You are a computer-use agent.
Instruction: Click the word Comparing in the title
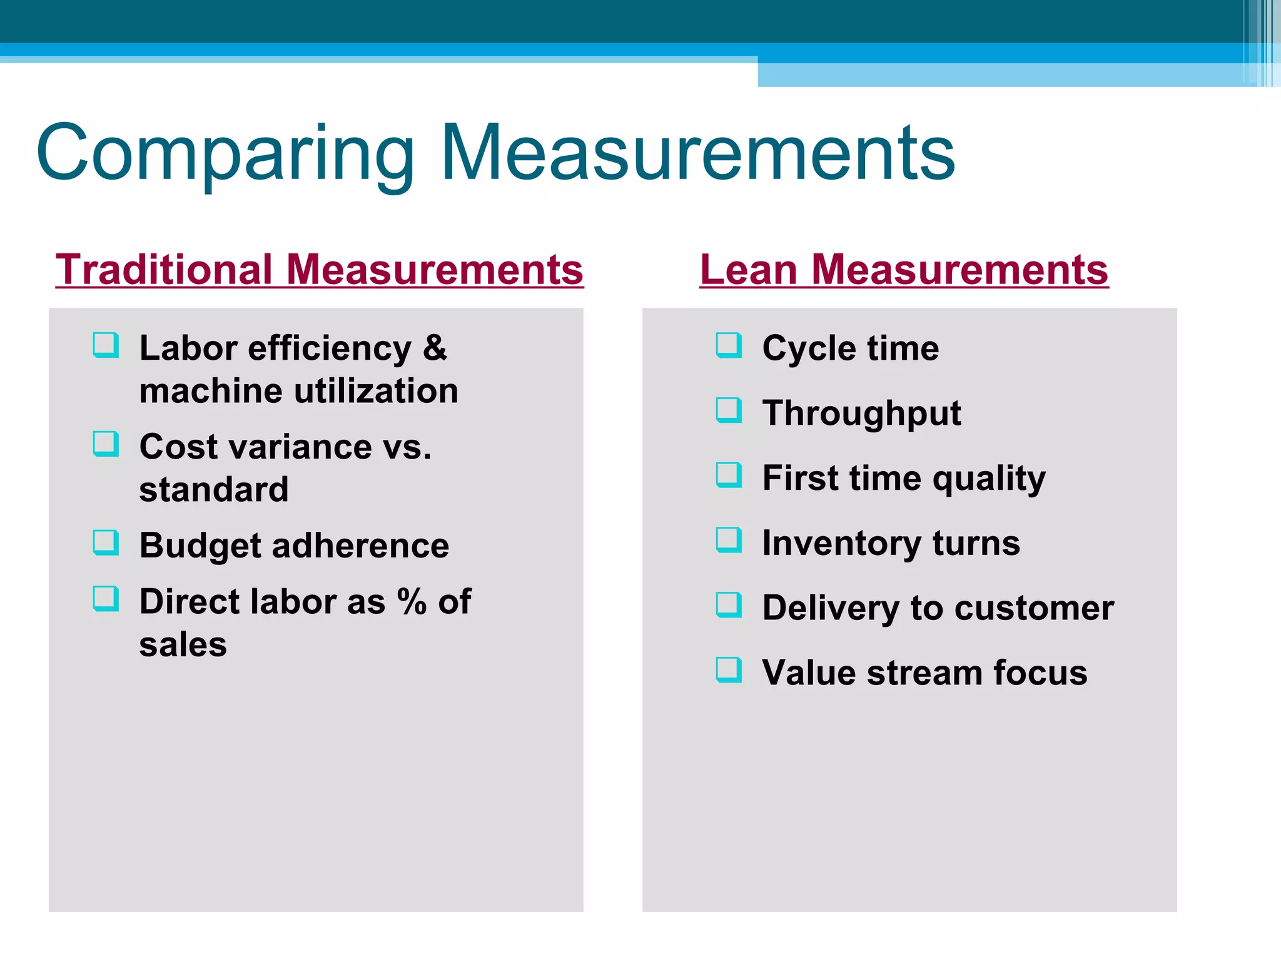[x=225, y=153]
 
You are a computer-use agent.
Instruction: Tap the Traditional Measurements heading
[x=319, y=270]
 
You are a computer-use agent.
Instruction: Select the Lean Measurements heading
[x=904, y=270]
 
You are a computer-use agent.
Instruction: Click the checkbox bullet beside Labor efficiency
[x=105, y=345]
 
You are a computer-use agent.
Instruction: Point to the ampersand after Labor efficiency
[x=435, y=348]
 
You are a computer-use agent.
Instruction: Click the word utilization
[x=376, y=391]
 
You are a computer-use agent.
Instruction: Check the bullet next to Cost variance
[x=105, y=444]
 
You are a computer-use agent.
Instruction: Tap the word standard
[x=214, y=489]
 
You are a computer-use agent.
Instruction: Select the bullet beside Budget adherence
[x=105, y=542]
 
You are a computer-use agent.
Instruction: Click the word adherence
[x=360, y=546]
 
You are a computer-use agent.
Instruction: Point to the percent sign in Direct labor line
[x=412, y=601]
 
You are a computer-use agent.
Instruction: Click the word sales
[x=183, y=645]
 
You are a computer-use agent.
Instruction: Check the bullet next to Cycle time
[x=729, y=345]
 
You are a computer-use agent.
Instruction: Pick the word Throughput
[x=861, y=414]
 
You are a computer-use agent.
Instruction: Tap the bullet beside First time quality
[x=729, y=475]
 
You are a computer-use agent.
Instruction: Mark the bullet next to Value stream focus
[x=729, y=669]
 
